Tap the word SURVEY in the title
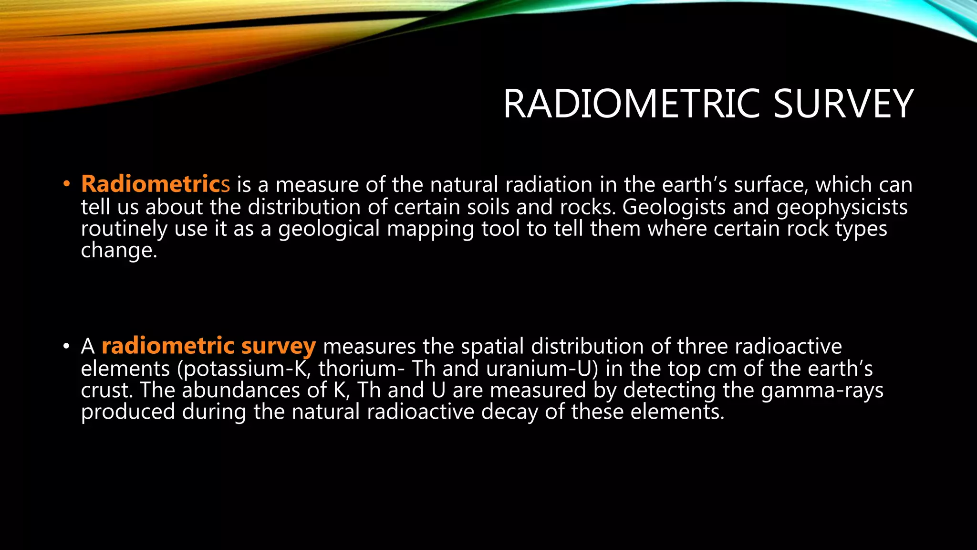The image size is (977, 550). click(x=843, y=104)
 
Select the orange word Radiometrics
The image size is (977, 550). click(x=155, y=184)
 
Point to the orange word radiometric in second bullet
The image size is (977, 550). click(x=168, y=346)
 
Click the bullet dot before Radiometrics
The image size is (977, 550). click(x=67, y=184)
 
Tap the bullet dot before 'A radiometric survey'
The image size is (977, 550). click(x=67, y=347)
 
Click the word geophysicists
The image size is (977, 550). click(x=842, y=207)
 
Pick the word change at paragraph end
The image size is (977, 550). click(x=118, y=250)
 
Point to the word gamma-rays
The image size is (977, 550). click(x=822, y=390)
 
